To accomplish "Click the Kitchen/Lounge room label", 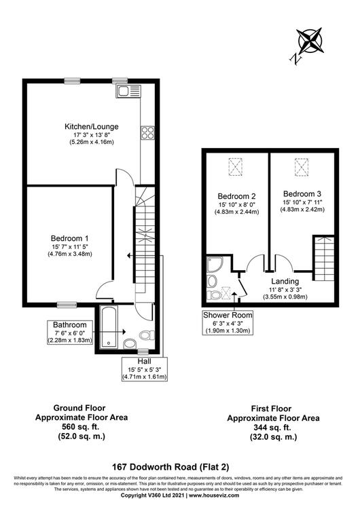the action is tap(92, 127).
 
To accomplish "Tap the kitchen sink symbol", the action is tap(128, 91).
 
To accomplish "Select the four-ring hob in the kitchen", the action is tap(147, 132).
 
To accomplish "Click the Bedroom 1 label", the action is tap(69, 238).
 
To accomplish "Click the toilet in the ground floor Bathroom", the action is tap(147, 335).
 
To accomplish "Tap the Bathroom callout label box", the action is tap(70, 332).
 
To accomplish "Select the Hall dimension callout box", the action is tap(145, 369).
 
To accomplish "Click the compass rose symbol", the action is tap(310, 41).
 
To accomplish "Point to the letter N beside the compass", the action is tap(295, 59).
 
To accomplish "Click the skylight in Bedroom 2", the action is tap(236, 166).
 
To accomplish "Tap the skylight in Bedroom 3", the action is tap(302, 167).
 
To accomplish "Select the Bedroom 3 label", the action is tap(302, 194).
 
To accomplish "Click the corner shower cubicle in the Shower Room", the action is tap(215, 265).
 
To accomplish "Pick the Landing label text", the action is tap(285, 281).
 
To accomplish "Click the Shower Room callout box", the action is tap(228, 322).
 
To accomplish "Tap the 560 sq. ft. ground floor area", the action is tap(81, 427).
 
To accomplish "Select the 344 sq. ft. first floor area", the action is tap(272, 427).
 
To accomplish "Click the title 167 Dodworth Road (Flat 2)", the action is tap(171, 467).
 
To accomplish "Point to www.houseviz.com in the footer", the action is tap(214, 495).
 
